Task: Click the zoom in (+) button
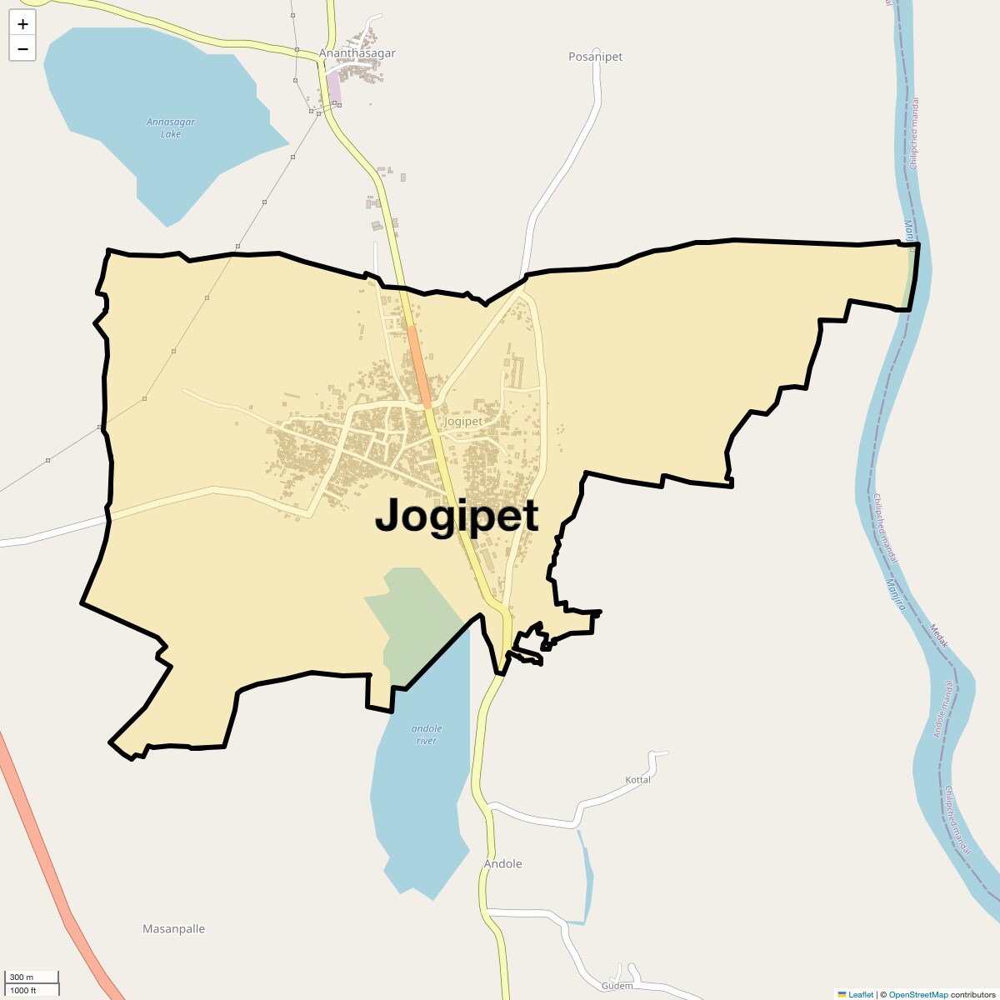[22, 24]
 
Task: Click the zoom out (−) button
[22, 48]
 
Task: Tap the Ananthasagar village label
[357, 53]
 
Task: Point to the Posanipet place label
[595, 57]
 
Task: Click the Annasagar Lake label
[171, 127]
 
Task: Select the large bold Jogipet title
[457, 516]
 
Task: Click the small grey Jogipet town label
[462, 422]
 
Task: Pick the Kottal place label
[637, 780]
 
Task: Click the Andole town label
[503, 864]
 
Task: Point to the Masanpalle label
[173, 929]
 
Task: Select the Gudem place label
[617, 986]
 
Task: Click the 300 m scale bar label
[22, 977]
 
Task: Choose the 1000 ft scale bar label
[23, 990]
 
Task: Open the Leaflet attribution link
[860, 994]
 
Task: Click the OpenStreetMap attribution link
[917, 994]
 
